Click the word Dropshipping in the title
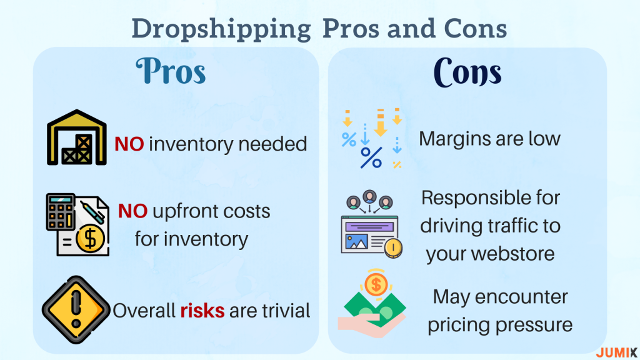pyautogui.click(x=221, y=30)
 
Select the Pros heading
pyautogui.click(x=171, y=71)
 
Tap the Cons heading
pyautogui.click(x=467, y=72)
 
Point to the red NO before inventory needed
pyautogui.click(x=129, y=144)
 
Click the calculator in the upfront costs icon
pyautogui.click(x=61, y=212)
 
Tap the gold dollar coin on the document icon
pyautogui.click(x=90, y=239)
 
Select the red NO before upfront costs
pyautogui.click(x=132, y=211)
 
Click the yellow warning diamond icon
pyautogui.click(x=76, y=310)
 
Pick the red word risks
pyautogui.click(x=202, y=311)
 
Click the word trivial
pyautogui.click(x=286, y=311)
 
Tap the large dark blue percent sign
pyautogui.click(x=371, y=158)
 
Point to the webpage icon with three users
pyautogui.click(x=371, y=224)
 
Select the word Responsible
pyautogui.click(x=469, y=198)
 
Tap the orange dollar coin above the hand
pyautogui.click(x=376, y=284)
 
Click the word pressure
pyautogui.click(x=534, y=325)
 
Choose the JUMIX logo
pyautogui.click(x=616, y=352)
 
